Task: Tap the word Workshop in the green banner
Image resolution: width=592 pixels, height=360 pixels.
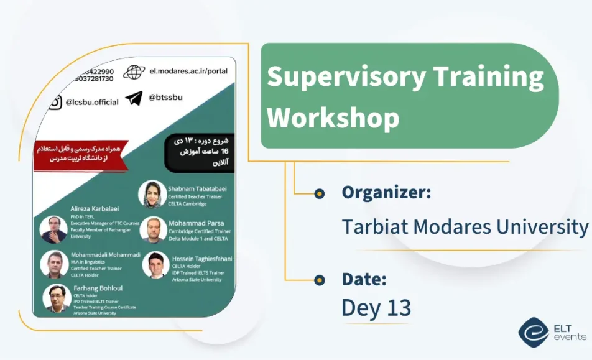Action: click(333, 117)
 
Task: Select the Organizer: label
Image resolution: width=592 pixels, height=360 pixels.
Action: click(386, 193)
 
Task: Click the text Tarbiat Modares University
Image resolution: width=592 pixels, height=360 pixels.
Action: click(465, 227)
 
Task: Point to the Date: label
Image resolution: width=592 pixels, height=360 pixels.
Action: click(364, 280)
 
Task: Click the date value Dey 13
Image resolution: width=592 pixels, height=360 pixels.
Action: click(376, 308)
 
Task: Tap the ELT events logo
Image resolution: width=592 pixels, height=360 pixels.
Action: click(551, 332)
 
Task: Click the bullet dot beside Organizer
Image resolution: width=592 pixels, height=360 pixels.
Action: click(320, 193)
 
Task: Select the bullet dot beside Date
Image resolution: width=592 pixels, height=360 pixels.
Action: click(320, 280)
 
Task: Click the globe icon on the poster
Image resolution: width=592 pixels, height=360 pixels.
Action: click(134, 72)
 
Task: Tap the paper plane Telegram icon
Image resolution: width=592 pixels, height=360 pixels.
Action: click(134, 98)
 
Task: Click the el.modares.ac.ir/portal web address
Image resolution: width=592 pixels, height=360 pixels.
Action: click(188, 71)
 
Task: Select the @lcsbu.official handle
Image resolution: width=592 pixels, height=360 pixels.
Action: click(92, 103)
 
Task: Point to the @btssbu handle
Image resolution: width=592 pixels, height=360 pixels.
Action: click(165, 98)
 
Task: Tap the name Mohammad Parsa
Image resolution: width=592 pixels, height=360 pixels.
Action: click(196, 223)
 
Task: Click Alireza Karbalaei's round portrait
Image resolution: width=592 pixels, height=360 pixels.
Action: click(53, 229)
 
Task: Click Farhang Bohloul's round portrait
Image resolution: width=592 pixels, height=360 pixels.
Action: click(57, 298)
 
